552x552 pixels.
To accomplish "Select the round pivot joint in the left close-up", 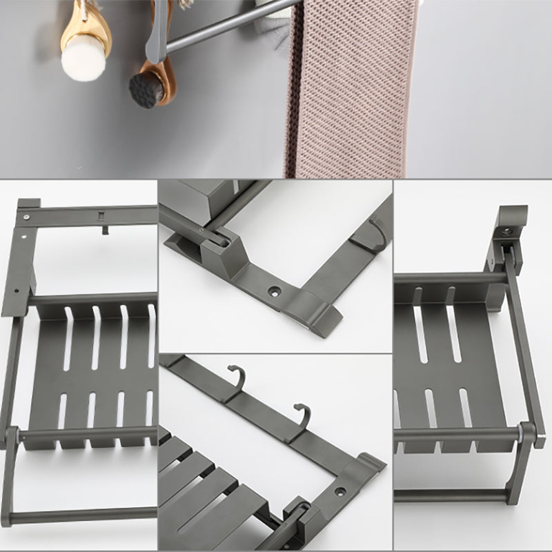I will (x=12, y=436).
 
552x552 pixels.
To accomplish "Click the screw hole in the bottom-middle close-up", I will (x=339, y=493).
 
